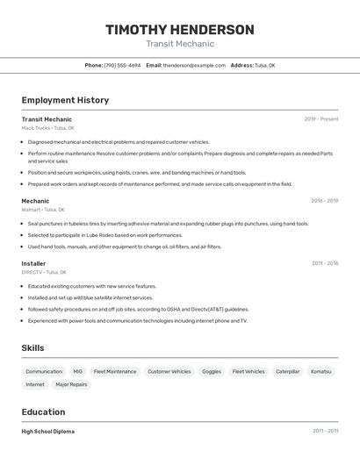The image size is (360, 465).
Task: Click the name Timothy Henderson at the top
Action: pos(180,30)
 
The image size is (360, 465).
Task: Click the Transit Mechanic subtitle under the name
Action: pos(180,44)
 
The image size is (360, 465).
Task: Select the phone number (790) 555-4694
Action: pos(122,65)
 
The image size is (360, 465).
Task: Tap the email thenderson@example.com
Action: pos(194,65)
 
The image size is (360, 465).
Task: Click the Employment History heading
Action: pos(65,100)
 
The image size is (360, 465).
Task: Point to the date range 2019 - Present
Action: pos(320,119)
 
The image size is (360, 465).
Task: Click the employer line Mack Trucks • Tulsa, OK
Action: pos(47,128)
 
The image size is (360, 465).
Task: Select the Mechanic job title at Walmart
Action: pos(35,201)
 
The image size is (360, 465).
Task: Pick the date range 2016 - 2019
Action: pos(324,201)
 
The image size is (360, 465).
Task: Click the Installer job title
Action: pos(33,263)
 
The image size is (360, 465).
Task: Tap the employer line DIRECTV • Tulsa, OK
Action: pos(44,272)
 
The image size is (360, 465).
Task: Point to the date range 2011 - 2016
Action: pos(324,263)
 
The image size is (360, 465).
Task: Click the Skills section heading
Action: pos(32,348)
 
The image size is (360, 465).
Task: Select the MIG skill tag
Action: pos(78,371)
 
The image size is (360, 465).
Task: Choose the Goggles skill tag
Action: pos(212,371)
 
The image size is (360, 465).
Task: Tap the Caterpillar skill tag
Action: pos(288,371)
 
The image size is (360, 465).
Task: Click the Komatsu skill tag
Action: pos(321,371)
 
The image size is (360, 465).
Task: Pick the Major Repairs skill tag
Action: pos(71,384)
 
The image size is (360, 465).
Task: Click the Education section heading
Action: pos(43,411)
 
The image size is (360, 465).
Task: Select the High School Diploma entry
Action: pos(47,432)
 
